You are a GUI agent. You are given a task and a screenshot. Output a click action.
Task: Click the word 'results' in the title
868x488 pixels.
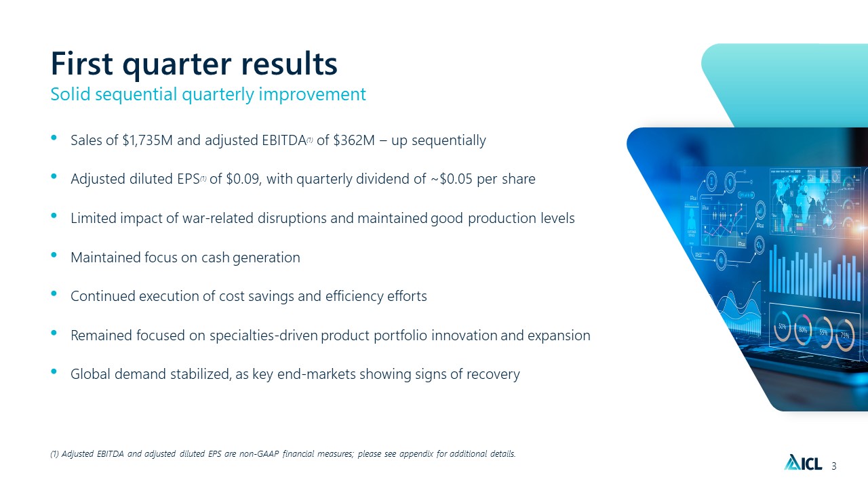(289, 64)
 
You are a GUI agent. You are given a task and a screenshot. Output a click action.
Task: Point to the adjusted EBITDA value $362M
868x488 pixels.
(354, 140)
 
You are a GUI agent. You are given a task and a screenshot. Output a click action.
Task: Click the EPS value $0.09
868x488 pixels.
(243, 179)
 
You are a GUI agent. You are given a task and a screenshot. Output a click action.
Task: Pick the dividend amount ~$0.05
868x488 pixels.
(452, 179)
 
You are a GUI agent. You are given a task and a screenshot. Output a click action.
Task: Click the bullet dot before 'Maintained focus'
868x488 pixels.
(54, 254)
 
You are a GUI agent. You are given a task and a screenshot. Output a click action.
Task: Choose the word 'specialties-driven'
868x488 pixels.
(264, 335)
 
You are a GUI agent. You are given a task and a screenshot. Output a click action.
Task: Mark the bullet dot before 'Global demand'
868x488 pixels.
(54, 371)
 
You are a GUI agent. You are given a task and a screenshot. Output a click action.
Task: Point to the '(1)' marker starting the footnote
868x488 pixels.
(54, 453)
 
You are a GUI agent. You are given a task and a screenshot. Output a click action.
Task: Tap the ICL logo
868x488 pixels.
(803, 462)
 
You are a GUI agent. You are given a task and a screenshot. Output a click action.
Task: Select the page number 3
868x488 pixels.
(834, 466)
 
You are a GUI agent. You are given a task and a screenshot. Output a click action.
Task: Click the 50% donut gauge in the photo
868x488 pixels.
(783, 327)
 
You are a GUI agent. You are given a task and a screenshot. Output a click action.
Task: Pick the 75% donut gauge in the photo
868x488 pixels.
(845, 335)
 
